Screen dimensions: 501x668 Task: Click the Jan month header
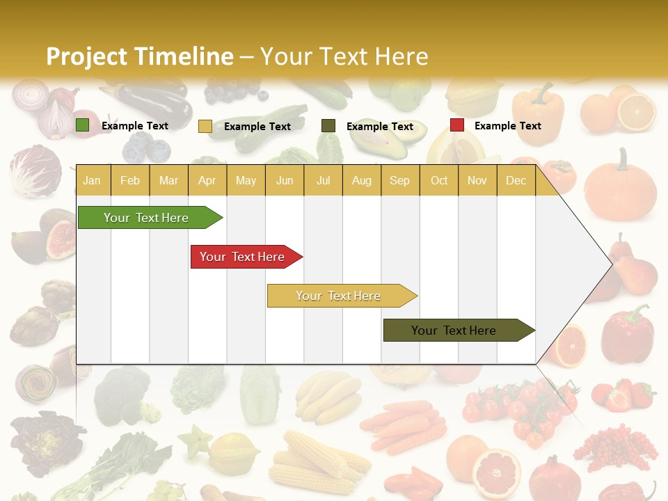pos(92,180)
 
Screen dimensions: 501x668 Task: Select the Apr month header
pos(207,180)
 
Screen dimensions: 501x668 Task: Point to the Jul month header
pos(323,180)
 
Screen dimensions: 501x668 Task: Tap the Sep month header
pos(399,180)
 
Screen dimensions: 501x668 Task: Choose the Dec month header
pos(516,180)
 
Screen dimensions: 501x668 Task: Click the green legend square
pos(82,125)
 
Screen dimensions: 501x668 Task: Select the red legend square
pos(456,125)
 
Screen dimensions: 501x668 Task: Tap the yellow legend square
pos(205,126)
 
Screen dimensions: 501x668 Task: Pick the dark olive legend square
pos(328,126)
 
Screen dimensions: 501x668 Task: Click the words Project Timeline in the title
pos(140,56)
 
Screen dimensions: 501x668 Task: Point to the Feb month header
pos(130,180)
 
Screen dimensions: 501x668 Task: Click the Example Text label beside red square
pos(507,126)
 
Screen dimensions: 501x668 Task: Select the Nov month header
pos(477,180)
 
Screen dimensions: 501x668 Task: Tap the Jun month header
pos(285,180)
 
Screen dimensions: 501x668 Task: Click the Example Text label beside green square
pos(134,126)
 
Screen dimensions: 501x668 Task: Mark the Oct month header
pos(439,180)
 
